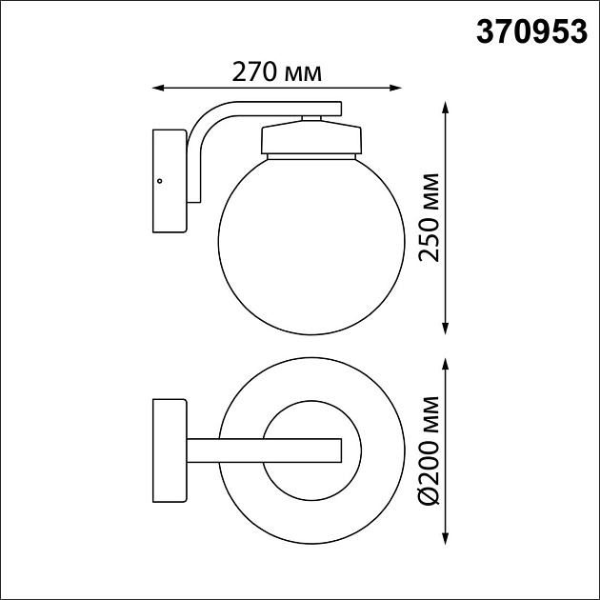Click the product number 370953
click(x=530, y=32)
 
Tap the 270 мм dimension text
click(x=276, y=72)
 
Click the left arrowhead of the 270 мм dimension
click(x=158, y=89)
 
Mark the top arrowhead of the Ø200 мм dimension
click(x=446, y=361)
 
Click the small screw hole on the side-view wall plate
click(x=160, y=180)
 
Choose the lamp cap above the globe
click(x=310, y=138)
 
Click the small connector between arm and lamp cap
click(x=310, y=117)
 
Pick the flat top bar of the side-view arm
click(x=276, y=108)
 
